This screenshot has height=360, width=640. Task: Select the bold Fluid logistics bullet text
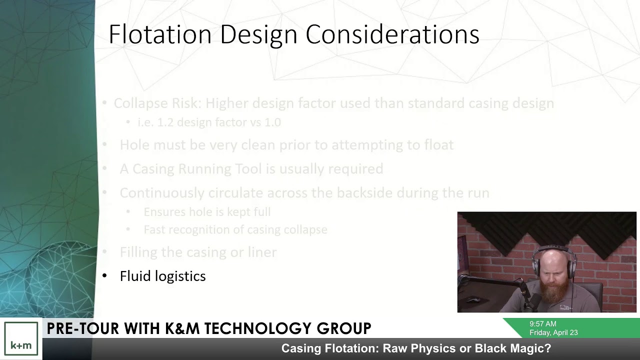pos(162,276)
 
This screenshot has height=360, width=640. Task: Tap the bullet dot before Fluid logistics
pos(104,276)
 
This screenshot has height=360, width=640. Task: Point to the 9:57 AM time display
pos(542,324)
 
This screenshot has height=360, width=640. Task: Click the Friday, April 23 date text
pos(553,332)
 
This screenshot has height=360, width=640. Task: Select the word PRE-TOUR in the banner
pos(83,328)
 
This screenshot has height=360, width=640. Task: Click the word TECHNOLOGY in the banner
pos(259,328)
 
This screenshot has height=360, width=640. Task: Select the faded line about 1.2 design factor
pos(209,122)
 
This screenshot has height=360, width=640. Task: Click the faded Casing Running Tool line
pos(251,169)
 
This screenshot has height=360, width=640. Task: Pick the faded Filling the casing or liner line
pos(198,252)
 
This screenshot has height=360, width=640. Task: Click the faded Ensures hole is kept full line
pos(207,212)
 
